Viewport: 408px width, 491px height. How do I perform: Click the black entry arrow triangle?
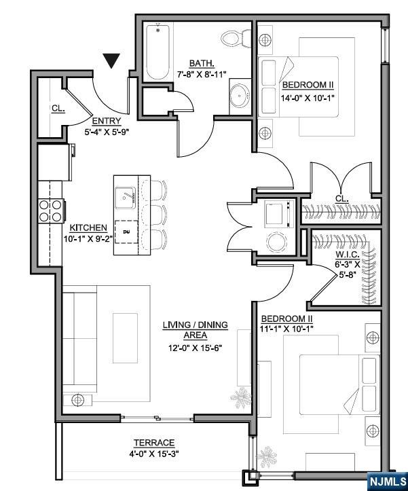click(111, 60)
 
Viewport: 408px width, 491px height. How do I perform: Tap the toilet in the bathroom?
click(236, 39)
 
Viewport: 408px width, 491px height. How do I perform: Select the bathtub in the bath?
click(157, 52)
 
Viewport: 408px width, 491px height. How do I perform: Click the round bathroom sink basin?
click(240, 95)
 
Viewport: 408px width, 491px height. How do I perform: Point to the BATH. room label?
click(202, 63)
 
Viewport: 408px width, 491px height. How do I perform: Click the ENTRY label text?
click(107, 121)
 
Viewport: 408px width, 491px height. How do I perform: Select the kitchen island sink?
click(125, 198)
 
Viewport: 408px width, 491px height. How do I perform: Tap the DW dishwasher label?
click(126, 232)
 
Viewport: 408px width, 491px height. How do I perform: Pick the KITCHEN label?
click(88, 228)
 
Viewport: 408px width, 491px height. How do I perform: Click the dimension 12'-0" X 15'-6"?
click(196, 348)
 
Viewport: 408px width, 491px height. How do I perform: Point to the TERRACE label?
click(154, 443)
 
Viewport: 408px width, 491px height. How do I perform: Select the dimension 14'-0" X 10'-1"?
click(308, 98)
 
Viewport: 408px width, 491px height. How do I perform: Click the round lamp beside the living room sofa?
click(77, 400)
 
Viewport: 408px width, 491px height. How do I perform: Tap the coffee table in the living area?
click(125, 338)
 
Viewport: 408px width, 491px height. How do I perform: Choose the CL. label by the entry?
click(58, 109)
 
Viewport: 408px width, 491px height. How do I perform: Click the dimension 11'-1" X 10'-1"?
click(286, 329)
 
